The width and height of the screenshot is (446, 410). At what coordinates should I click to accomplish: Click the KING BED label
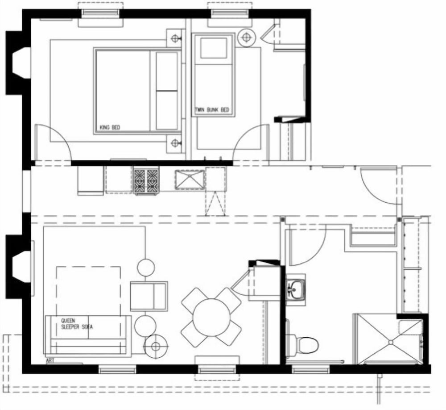pos(110,127)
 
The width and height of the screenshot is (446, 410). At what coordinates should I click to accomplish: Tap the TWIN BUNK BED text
pos(212,110)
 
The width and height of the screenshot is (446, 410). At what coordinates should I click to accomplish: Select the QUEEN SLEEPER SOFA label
pos(77,324)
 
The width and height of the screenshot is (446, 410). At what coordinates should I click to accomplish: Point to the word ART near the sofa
pos(50,360)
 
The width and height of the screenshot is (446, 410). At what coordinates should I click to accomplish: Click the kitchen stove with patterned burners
pos(146,181)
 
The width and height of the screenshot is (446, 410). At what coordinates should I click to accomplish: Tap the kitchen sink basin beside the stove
pos(190,179)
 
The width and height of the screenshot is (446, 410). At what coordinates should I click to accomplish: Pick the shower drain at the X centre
pos(391,342)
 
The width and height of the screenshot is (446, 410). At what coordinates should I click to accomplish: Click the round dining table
pos(211,317)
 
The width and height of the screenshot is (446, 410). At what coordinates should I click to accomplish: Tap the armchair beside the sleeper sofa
pos(149,296)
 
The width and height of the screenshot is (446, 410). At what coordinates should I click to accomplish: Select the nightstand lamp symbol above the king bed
pos(175,38)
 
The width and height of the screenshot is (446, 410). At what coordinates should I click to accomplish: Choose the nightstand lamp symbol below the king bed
pos(175,142)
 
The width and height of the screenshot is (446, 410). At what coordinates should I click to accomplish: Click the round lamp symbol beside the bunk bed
pos(245,37)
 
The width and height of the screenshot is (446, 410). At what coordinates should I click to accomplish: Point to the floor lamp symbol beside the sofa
pos(155,347)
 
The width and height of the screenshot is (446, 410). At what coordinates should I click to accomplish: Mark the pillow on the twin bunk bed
pos(214,48)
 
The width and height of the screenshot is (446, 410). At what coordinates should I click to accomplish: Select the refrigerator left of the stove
pos(91,180)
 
